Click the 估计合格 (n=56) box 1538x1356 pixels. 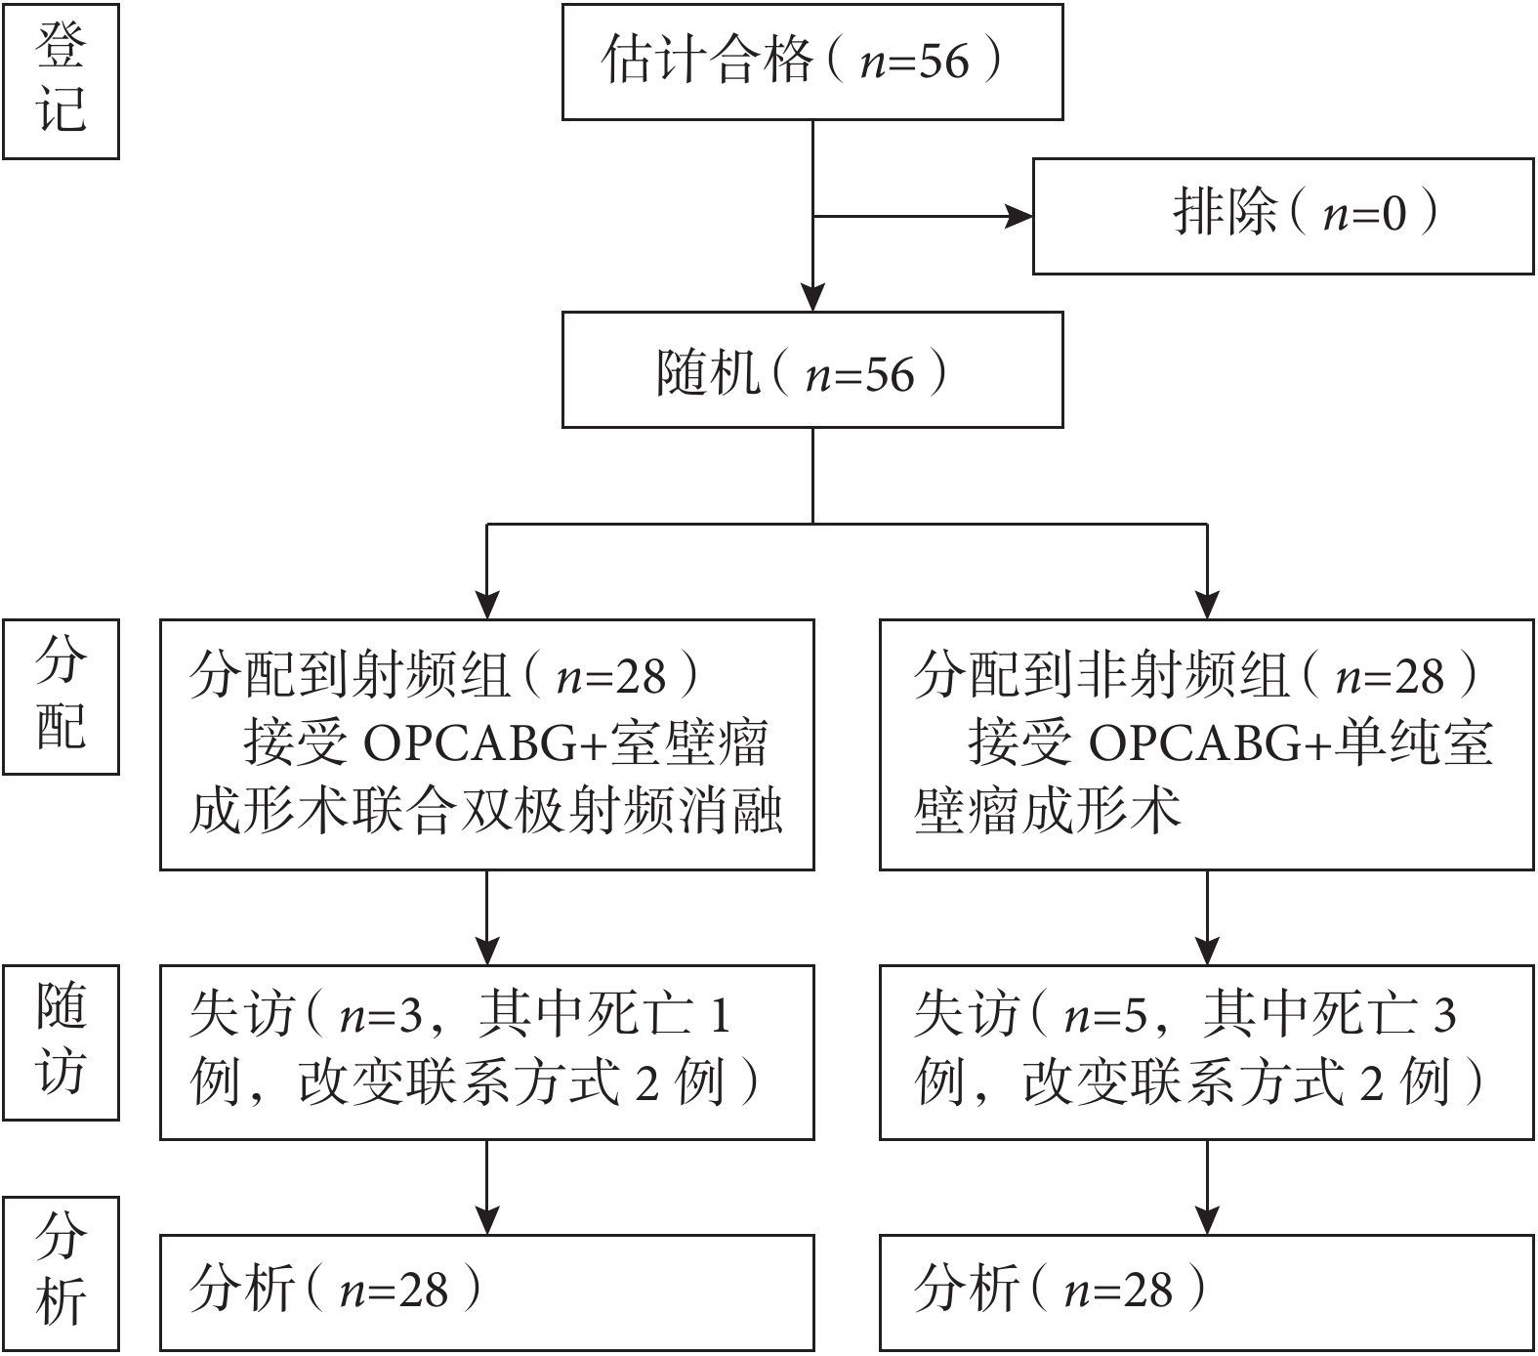[x=811, y=62]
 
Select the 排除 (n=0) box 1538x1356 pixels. [x=1282, y=215]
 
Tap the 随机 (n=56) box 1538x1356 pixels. [x=811, y=369]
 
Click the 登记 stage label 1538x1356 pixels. [x=61, y=80]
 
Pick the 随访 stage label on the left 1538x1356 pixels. [x=61, y=1041]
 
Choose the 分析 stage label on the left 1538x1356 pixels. [x=61, y=1273]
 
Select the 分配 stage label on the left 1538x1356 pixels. [x=61, y=697]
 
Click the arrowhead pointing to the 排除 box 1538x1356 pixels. [x=1019, y=216]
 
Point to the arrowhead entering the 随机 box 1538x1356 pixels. [x=812, y=297]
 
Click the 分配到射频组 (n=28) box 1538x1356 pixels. [x=486, y=743]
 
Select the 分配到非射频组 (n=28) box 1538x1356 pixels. [x=1206, y=743]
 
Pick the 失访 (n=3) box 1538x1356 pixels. [x=486, y=1051]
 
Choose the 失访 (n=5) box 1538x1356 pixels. [x=1206, y=1051]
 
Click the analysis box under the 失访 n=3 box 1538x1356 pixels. [x=486, y=1292]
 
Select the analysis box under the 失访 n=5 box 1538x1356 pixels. [x=1206, y=1292]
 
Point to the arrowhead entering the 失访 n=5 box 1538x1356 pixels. [x=1208, y=951]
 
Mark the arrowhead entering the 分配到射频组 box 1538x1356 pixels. [x=486, y=605]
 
